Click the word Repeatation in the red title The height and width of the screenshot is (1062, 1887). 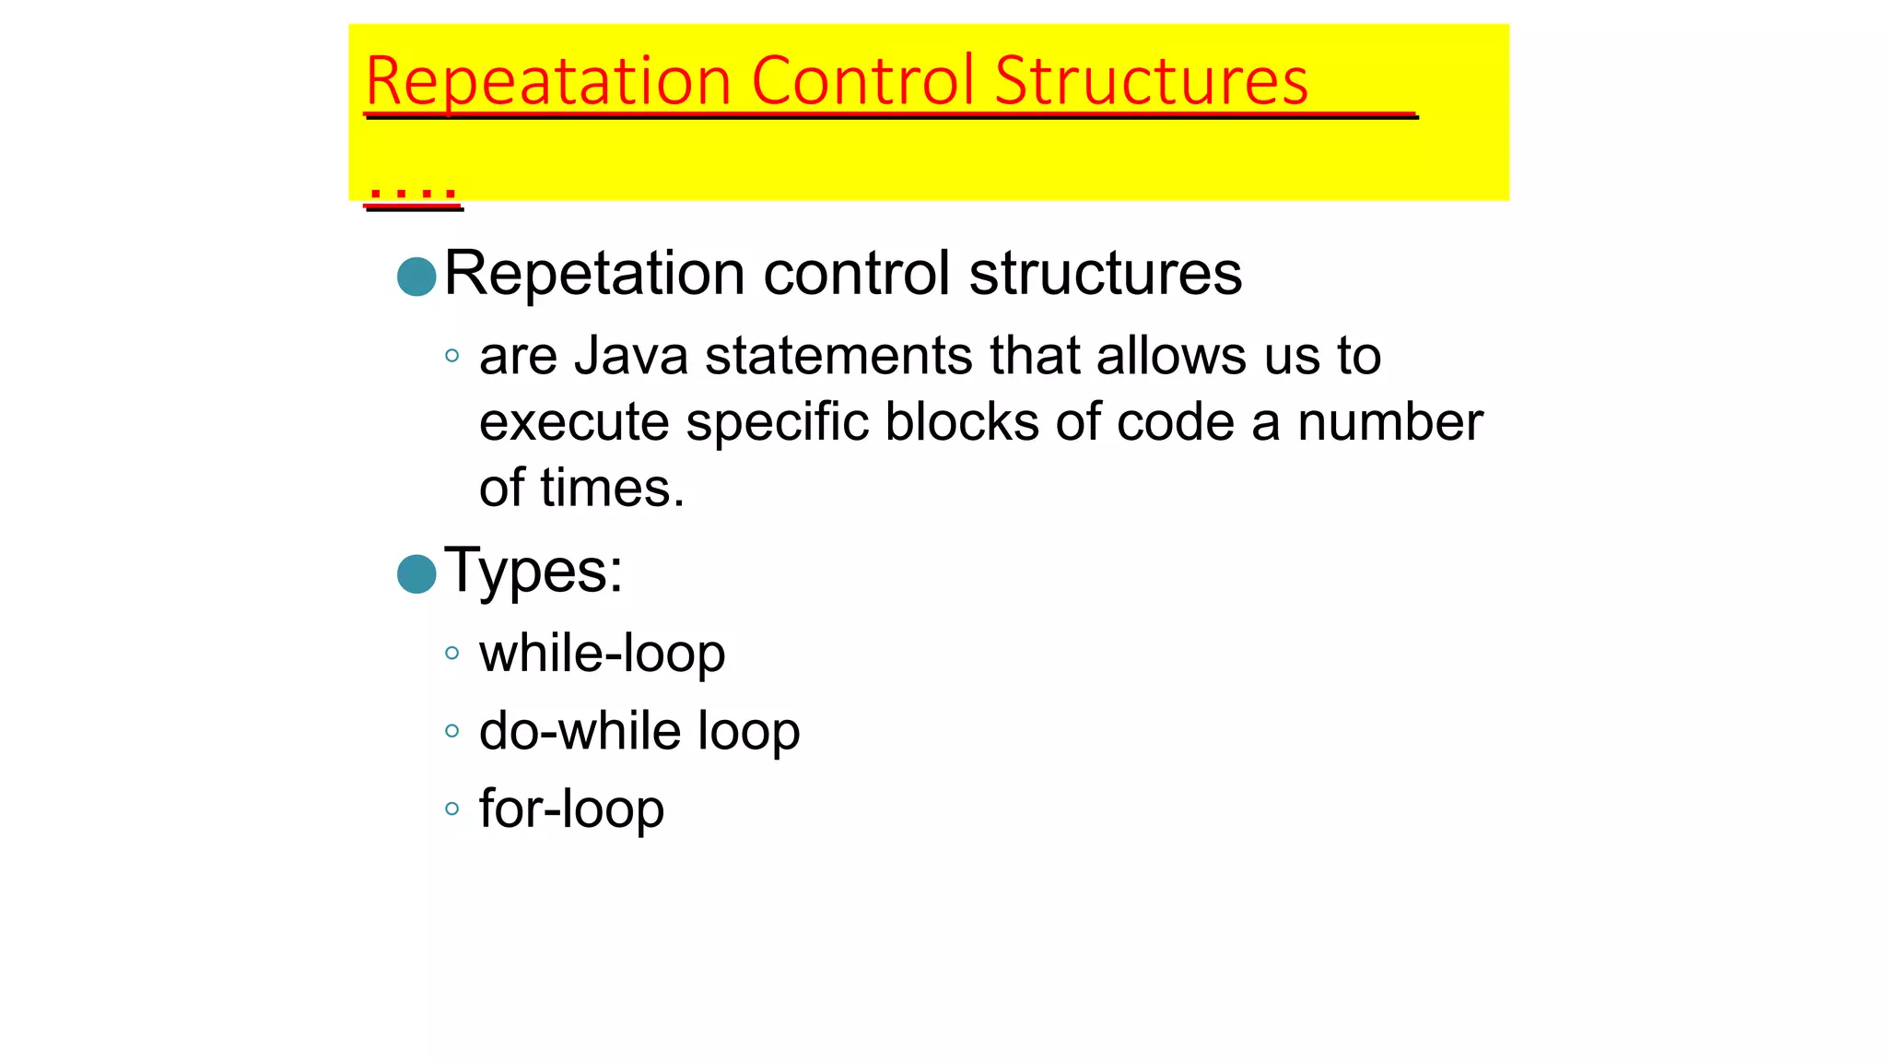(x=548, y=82)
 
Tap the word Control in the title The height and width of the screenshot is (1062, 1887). (x=862, y=80)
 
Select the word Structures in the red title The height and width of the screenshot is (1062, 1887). (x=1151, y=80)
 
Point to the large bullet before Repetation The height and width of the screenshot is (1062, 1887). (x=416, y=277)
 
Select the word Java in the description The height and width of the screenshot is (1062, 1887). (x=631, y=356)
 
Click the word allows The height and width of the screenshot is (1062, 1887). (x=1172, y=356)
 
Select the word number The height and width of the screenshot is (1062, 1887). (x=1390, y=422)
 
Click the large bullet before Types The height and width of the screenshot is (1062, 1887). (x=416, y=574)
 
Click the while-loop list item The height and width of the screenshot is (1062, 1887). (x=602, y=655)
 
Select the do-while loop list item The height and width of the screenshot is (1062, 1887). (x=639, y=732)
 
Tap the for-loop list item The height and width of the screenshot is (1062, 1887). (x=571, y=809)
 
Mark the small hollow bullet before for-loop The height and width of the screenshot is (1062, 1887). (x=451, y=809)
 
